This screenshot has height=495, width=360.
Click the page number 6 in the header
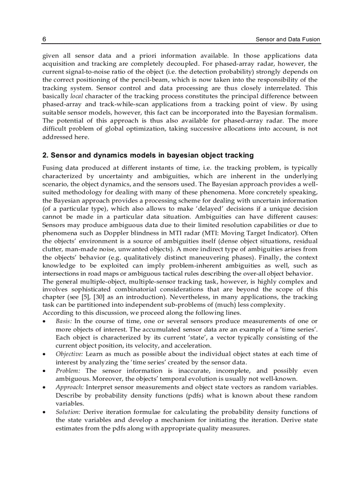[45, 40]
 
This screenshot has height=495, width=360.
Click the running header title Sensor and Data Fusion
[288, 40]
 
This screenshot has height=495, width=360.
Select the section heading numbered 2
[148, 155]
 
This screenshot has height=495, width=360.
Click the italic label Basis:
[64, 321]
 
